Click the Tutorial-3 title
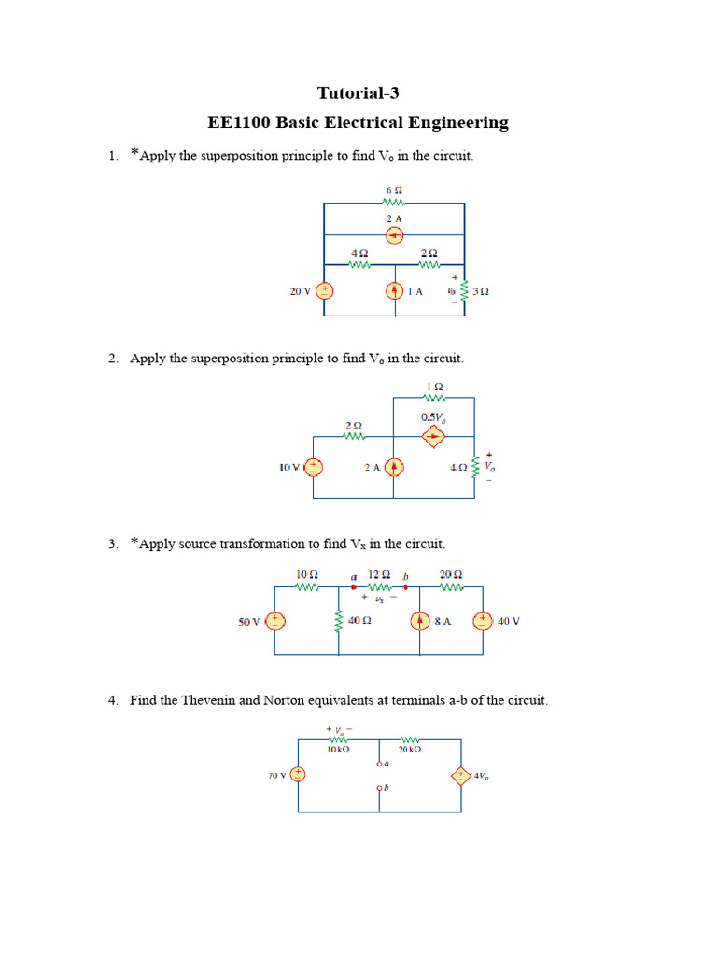[358, 92]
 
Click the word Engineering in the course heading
[460, 122]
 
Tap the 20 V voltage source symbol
[324, 290]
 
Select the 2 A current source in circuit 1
[394, 235]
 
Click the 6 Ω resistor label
[393, 190]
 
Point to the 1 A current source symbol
[394, 291]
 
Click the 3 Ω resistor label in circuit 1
[481, 291]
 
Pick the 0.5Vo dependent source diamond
[433, 436]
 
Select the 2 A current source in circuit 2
[394, 467]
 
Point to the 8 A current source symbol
[420, 621]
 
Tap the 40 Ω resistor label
[360, 621]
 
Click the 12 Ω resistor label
[378, 575]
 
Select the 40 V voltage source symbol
[482, 621]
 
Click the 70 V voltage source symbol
[298, 775]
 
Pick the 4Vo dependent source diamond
[460, 775]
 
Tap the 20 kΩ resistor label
[409, 750]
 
